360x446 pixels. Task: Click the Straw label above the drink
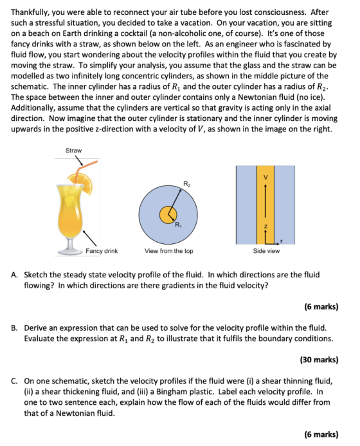coord(73,150)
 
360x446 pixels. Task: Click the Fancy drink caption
coord(102,251)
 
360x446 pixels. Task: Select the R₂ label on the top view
coord(186,184)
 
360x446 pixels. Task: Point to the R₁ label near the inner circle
coord(178,225)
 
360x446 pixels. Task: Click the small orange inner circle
coord(168,215)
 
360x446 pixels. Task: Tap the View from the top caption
coord(169,251)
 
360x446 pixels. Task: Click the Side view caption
coord(266,251)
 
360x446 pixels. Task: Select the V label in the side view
coord(265,177)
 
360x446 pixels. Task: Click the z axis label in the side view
coord(265,227)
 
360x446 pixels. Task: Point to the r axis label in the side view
coord(282,241)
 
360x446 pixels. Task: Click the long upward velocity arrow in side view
coord(265,201)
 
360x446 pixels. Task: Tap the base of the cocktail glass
coord(70,252)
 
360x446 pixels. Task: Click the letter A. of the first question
coord(14,275)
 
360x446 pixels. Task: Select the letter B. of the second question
coord(14,328)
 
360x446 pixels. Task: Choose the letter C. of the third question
coord(14,381)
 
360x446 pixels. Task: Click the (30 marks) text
coord(319,360)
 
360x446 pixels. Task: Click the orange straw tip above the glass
coord(96,162)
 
